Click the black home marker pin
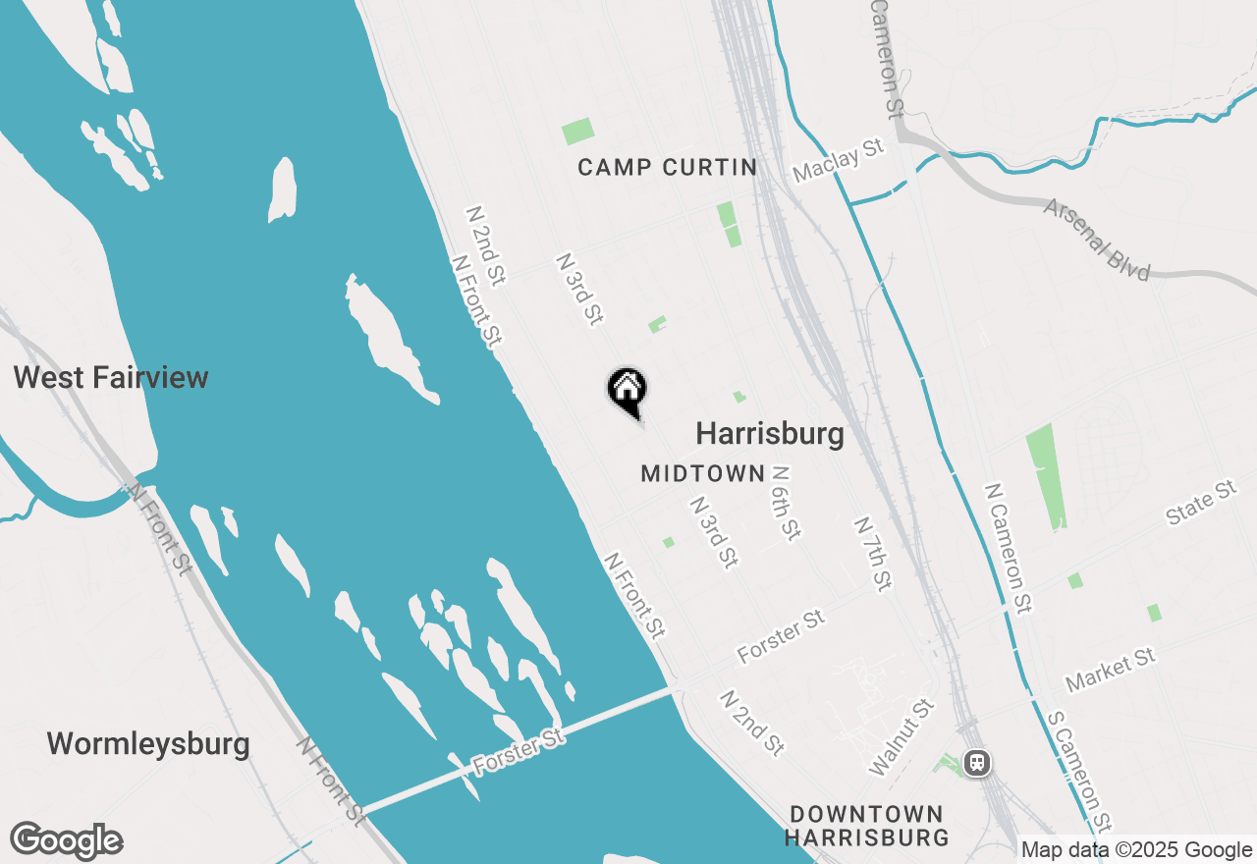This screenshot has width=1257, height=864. coord(627,391)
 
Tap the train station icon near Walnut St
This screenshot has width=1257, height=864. coord(976,762)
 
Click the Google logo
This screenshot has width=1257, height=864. coord(67,841)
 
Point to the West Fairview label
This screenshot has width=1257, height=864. coord(111,378)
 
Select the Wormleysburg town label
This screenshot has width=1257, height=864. coord(148,743)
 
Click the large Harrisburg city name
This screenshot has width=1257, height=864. coord(770,433)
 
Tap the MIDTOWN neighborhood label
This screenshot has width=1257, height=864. coord(702,473)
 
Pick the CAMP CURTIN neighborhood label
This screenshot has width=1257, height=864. coord(668,167)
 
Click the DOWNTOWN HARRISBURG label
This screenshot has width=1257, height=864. coord(866,826)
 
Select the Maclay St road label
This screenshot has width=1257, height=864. coord(839,160)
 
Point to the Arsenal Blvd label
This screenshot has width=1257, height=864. coord(1097,240)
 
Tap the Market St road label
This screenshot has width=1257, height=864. coord(1111,669)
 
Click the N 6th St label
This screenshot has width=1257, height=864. coord(787,503)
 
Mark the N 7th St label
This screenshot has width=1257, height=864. coord(872,554)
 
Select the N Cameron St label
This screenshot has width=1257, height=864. coord(1009,548)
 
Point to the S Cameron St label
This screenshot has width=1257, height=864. coord(1079,770)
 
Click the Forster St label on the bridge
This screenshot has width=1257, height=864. coord(519,752)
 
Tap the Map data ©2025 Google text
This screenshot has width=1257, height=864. coord(1136,850)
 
